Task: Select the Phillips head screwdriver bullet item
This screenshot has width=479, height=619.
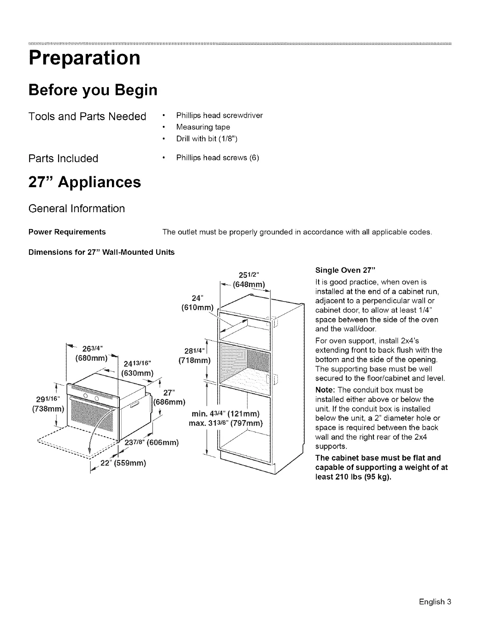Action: pyautogui.click(x=219, y=115)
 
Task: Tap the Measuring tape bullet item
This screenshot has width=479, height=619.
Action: pyautogui.click(x=203, y=127)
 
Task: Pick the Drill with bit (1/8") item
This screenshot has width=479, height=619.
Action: pyautogui.click(x=207, y=139)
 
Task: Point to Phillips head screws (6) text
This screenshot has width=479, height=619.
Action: pyautogui.click(x=218, y=158)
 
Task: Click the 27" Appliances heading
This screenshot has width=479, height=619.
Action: pyautogui.click(x=85, y=182)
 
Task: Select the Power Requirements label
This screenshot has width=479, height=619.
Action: pyautogui.click(x=67, y=232)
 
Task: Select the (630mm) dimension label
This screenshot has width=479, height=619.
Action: pyautogui.click(x=137, y=372)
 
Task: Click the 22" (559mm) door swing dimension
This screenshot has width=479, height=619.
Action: pyautogui.click(x=123, y=463)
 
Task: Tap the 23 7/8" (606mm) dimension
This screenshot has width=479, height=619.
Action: pyautogui.click(x=151, y=443)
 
